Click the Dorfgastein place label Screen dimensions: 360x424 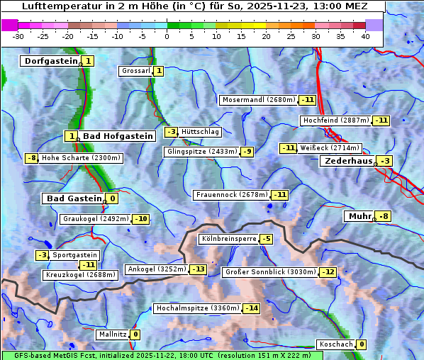click(50, 61)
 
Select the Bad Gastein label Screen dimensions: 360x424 click(74, 198)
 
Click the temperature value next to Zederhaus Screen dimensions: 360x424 click(384, 161)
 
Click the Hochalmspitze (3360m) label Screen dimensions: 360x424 click(197, 308)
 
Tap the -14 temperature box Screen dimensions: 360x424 click(251, 308)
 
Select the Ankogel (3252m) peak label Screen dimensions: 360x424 click(156, 269)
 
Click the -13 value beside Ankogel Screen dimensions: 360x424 click(198, 269)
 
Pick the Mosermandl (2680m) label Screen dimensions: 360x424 click(258, 100)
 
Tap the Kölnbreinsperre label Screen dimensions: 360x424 click(228, 240)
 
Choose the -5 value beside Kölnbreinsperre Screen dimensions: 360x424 click(266, 240)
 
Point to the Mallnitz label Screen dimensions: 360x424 click(112, 334)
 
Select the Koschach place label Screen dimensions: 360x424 click(335, 344)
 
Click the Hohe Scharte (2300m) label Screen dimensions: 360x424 click(81, 158)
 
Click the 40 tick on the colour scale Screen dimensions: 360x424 click(365, 35)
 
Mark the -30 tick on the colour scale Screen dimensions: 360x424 click(18, 35)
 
